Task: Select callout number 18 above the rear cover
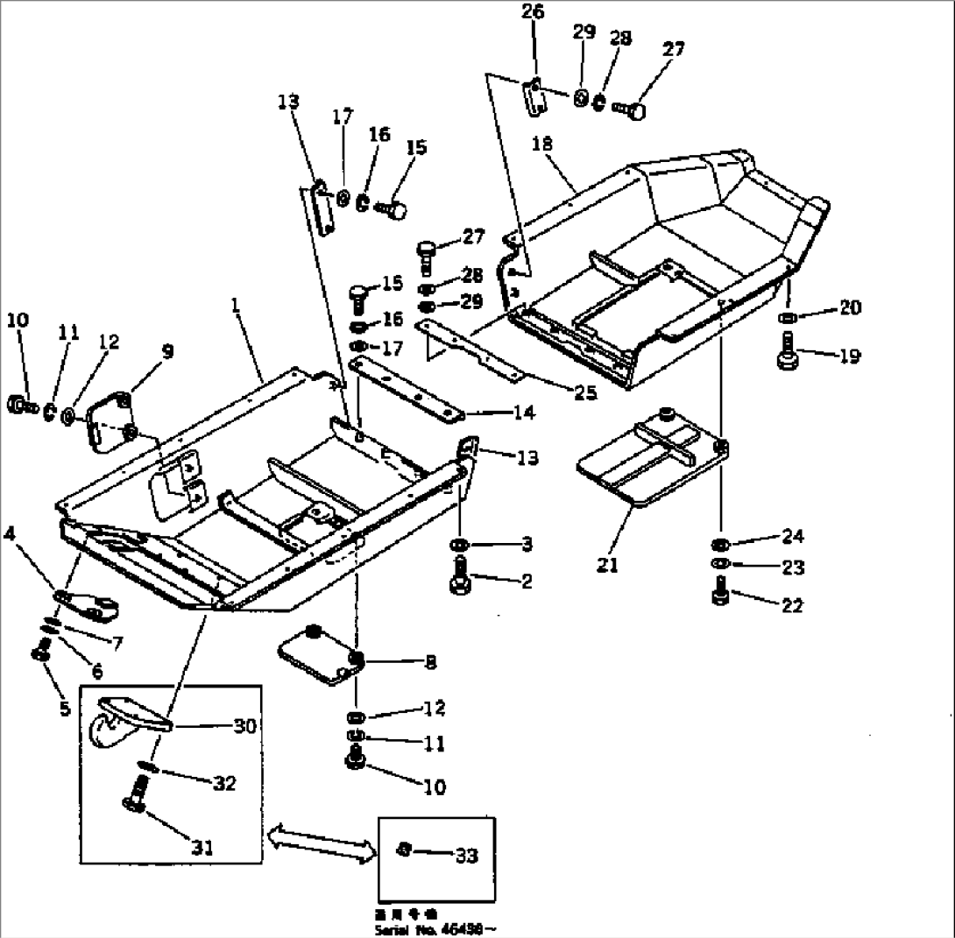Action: [542, 144]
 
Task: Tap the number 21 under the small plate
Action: [607, 566]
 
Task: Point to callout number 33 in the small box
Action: [467, 856]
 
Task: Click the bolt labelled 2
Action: [460, 582]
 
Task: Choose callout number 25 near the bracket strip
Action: [584, 393]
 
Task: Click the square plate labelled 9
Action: [110, 420]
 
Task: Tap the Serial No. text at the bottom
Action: [434, 927]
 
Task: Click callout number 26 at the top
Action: [533, 12]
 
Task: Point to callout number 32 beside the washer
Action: [224, 784]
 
